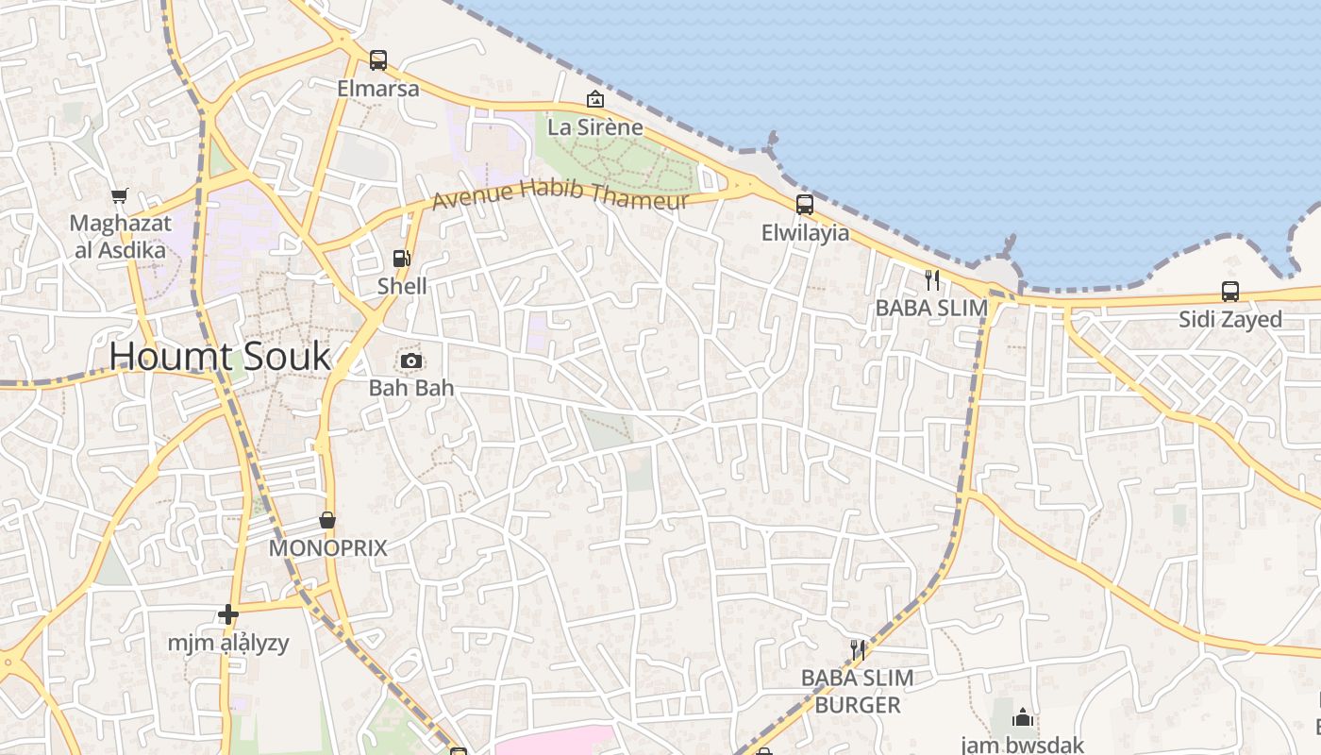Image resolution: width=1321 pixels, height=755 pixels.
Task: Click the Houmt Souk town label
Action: click(x=220, y=357)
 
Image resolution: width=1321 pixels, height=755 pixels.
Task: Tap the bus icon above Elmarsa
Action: click(x=378, y=60)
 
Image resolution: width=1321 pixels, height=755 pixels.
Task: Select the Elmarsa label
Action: click(x=378, y=89)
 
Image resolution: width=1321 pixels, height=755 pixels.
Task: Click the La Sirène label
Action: click(x=595, y=126)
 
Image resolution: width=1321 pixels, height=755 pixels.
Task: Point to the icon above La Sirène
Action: click(x=595, y=98)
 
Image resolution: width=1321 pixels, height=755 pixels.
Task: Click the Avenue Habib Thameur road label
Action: click(x=560, y=194)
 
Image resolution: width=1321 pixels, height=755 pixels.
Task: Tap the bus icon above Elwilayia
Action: click(x=805, y=204)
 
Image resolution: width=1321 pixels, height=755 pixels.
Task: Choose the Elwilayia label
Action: click(x=805, y=232)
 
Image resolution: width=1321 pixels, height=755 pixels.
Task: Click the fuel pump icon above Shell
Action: click(x=402, y=258)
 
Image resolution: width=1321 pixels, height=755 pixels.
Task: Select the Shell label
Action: click(x=402, y=286)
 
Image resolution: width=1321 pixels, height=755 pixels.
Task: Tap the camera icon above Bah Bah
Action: click(x=410, y=361)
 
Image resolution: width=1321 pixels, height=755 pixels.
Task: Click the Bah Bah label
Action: click(x=410, y=387)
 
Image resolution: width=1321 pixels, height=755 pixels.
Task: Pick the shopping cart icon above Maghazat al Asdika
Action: click(x=119, y=196)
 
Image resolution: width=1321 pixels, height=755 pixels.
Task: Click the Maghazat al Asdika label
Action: click(x=120, y=237)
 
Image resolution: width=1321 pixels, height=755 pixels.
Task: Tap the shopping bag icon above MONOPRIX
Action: click(x=327, y=520)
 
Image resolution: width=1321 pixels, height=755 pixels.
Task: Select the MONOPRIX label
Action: click(x=327, y=548)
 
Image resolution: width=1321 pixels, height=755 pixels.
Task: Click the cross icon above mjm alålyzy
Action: click(x=227, y=615)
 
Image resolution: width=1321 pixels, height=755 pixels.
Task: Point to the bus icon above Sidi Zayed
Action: click(x=1230, y=292)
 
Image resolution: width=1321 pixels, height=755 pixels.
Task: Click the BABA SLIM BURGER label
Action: click(x=857, y=691)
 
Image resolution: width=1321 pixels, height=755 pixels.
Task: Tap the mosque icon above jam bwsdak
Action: click(x=1023, y=719)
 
